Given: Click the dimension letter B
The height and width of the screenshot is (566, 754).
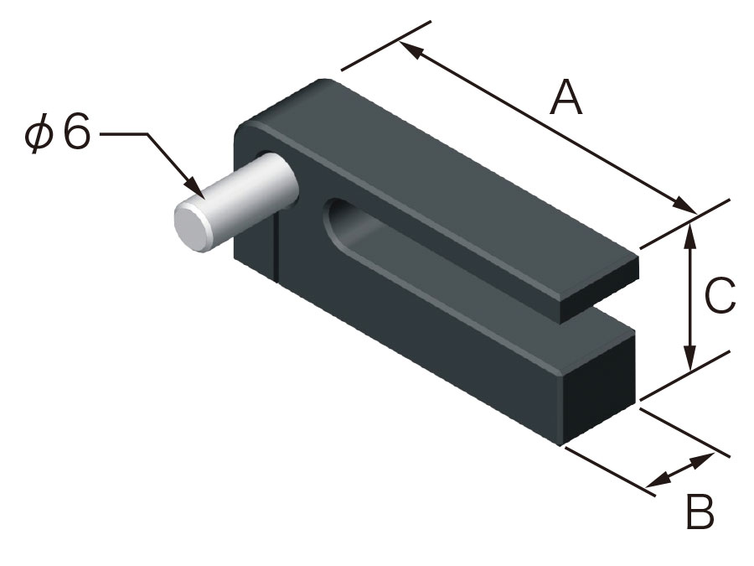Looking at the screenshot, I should pos(700,512).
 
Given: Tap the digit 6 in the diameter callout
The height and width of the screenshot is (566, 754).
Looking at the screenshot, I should pos(75,134).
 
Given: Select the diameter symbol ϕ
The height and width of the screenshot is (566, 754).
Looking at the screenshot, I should pos(39,135).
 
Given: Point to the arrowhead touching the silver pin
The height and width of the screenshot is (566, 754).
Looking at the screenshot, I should pos(199,194).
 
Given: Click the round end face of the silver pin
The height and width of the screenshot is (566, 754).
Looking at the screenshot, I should pos(191,226).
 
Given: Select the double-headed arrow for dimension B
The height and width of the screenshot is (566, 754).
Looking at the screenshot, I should pos(682,469).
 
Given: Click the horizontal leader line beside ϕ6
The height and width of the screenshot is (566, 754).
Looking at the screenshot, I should pos(124,133).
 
